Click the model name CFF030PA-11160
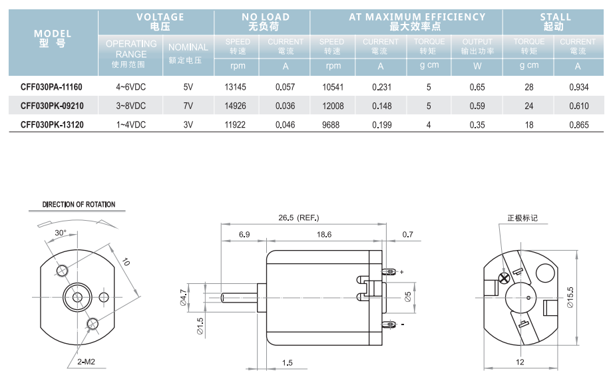click(51, 86)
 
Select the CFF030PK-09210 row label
click(51, 105)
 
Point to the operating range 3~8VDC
click(131, 105)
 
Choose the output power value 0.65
click(477, 86)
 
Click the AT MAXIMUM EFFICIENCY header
click(407, 21)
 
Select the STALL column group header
click(556, 21)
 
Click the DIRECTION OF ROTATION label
click(79, 205)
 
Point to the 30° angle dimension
click(61, 233)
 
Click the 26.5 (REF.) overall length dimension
click(299, 217)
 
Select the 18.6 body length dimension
click(325, 235)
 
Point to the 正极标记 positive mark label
click(522, 217)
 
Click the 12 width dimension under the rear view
click(520, 362)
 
